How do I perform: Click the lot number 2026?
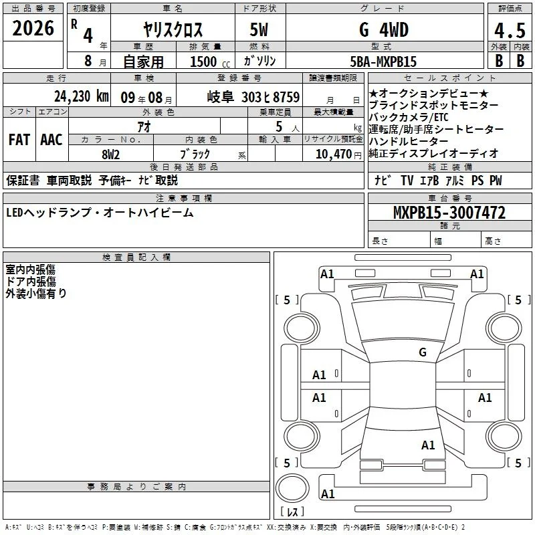pos(33,28)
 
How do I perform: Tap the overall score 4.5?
pos(510,30)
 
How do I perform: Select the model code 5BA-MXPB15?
pos(383,62)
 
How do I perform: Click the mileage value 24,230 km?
pos(81,96)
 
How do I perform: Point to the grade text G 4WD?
pos(383,29)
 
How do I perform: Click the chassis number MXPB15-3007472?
pos(449,212)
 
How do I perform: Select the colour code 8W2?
pos(110,154)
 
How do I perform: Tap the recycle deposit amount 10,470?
pos(333,154)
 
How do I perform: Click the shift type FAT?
pos(19,140)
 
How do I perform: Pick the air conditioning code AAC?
pos(51,140)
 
